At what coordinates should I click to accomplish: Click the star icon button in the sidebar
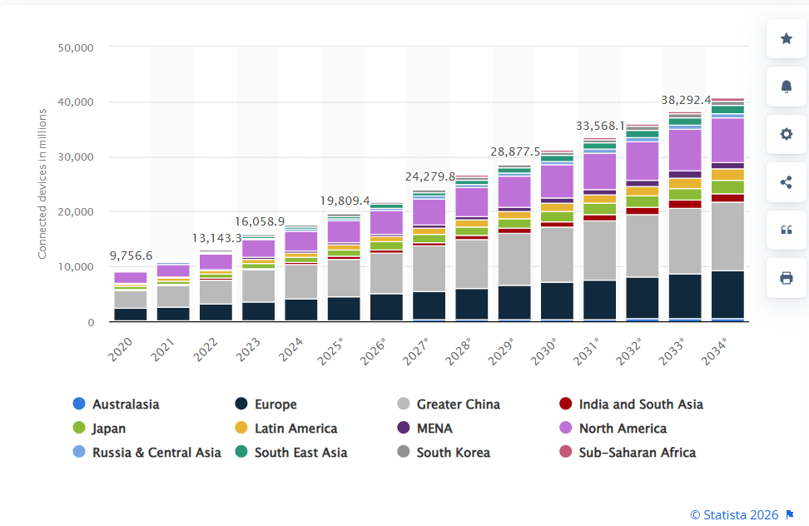(x=786, y=38)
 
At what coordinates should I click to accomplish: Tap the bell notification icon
(x=786, y=87)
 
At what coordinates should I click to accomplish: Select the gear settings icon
(x=786, y=134)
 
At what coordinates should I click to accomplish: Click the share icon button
(x=786, y=182)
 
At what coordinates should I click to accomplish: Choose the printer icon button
(x=786, y=278)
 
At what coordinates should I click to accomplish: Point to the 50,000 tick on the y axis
(x=76, y=48)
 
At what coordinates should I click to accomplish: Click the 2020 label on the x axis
(x=122, y=343)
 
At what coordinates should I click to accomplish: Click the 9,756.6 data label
(x=131, y=256)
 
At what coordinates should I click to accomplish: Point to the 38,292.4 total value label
(x=686, y=100)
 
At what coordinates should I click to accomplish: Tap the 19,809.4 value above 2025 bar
(x=345, y=201)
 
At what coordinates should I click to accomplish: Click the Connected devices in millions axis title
(x=42, y=184)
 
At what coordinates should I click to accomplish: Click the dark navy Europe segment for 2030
(x=557, y=300)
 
